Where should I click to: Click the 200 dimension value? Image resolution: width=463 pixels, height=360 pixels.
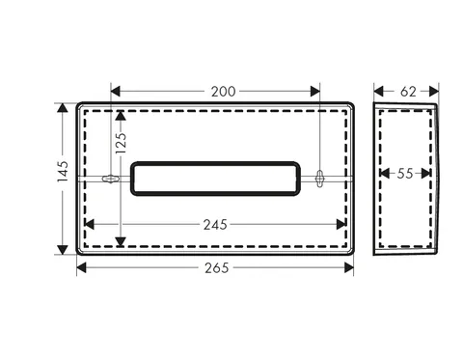(x=223, y=92)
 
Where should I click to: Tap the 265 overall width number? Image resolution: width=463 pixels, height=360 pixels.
(x=217, y=267)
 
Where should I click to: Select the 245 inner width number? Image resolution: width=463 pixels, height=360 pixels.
(x=215, y=225)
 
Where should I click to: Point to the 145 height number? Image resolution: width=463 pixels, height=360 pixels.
(x=63, y=172)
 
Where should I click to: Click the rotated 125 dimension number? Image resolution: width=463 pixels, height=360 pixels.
(x=121, y=143)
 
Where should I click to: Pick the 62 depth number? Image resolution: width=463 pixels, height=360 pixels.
(x=408, y=92)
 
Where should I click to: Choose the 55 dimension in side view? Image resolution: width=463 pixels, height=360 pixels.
(x=405, y=174)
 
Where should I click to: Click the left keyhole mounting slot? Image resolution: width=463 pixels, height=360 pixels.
(x=110, y=179)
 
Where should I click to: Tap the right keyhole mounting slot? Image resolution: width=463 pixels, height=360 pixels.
(x=319, y=179)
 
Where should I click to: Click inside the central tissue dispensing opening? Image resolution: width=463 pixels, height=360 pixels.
(x=215, y=179)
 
